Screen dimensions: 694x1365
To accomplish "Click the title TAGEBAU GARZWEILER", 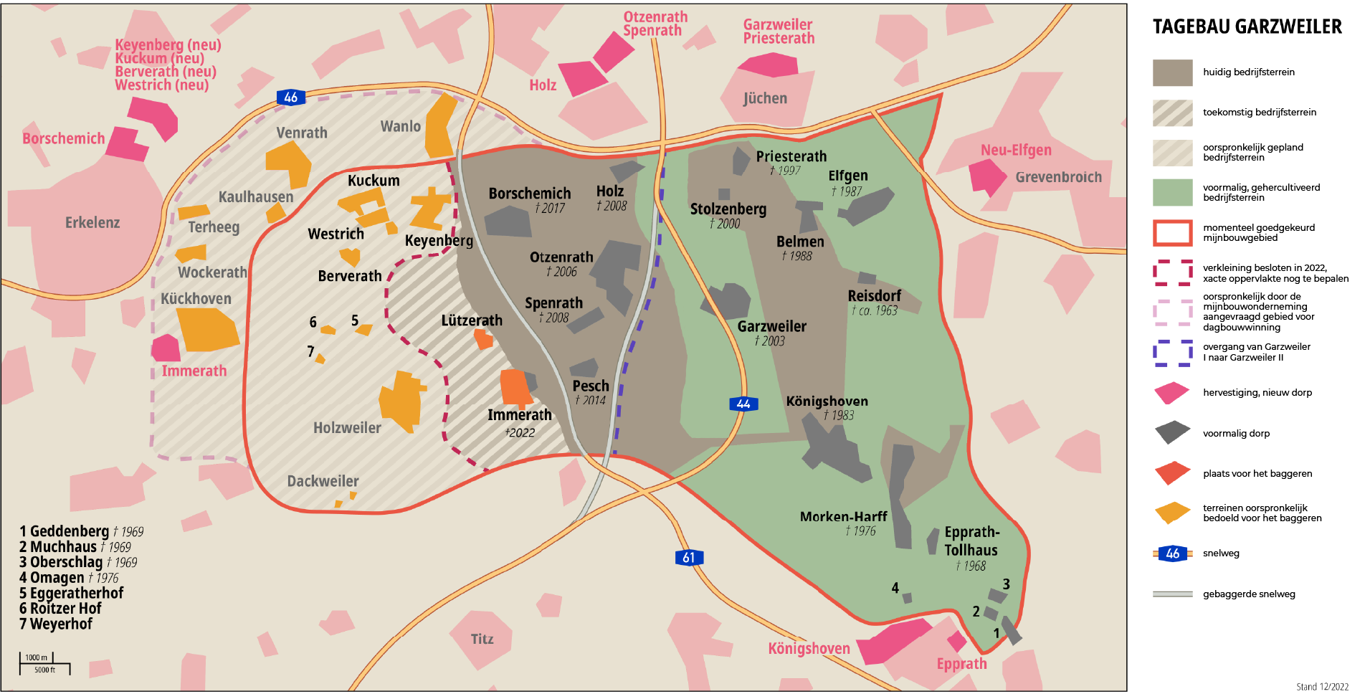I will [x=1247, y=27].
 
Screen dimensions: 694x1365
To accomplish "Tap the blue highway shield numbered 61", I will [x=689, y=558].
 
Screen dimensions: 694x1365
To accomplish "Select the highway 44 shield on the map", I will [x=743, y=404].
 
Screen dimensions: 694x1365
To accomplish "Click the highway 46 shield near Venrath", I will [x=290, y=98].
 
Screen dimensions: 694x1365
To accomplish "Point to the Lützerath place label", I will [x=472, y=320].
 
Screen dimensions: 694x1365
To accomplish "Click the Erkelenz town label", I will [x=92, y=222].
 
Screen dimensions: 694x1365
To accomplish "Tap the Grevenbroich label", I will [x=1058, y=177].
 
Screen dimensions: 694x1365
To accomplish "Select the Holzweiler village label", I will [x=347, y=428].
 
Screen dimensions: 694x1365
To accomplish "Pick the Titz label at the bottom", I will [x=482, y=639].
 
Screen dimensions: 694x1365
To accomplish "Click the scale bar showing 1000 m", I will [x=44, y=663].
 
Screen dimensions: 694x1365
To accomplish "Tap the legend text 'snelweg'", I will [x=1221, y=553].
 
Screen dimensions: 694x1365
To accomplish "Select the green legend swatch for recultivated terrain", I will [x=1172, y=192].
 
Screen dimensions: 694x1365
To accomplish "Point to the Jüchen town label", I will [x=765, y=98].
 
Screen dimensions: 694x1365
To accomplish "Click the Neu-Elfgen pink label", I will [x=1016, y=150].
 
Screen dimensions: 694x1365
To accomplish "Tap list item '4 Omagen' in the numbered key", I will [x=57, y=578].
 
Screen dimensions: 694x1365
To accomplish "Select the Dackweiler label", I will [x=323, y=481].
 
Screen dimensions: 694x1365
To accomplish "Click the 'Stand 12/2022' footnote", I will [x=1322, y=687].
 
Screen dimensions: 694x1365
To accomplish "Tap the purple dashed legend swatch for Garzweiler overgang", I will [x=1172, y=353].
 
